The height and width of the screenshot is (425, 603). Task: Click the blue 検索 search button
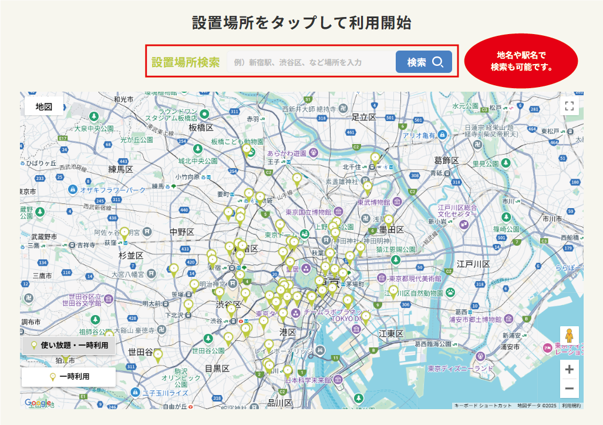pyautogui.click(x=423, y=62)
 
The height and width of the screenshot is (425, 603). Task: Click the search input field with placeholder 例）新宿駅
pyautogui.click(x=310, y=62)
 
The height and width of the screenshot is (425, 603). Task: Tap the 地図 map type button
pyautogui.click(x=44, y=106)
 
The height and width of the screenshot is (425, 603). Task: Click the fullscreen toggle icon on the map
pyautogui.click(x=568, y=106)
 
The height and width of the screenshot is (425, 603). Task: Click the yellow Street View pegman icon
pyautogui.click(x=569, y=340)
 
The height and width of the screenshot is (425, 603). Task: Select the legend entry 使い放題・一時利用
pyautogui.click(x=69, y=345)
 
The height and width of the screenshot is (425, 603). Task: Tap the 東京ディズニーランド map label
pyautogui.click(x=460, y=369)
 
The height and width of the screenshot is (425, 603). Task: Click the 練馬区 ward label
pyautogui.click(x=121, y=169)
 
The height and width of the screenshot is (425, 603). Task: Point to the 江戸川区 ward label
pyautogui.click(x=473, y=264)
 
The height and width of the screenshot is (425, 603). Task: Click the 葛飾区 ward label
pyautogui.click(x=446, y=160)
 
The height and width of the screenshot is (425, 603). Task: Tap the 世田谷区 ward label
pyautogui.click(x=140, y=352)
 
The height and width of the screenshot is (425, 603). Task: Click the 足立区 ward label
pyautogui.click(x=363, y=118)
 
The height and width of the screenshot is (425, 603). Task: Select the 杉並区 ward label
pyautogui.click(x=131, y=256)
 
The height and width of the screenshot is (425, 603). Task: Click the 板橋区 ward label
pyautogui.click(x=200, y=127)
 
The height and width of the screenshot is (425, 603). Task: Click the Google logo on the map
pyautogui.click(x=38, y=403)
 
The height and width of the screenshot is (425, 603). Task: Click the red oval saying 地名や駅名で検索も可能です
pyautogui.click(x=521, y=61)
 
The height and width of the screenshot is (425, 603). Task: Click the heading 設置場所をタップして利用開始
pyautogui.click(x=301, y=23)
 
